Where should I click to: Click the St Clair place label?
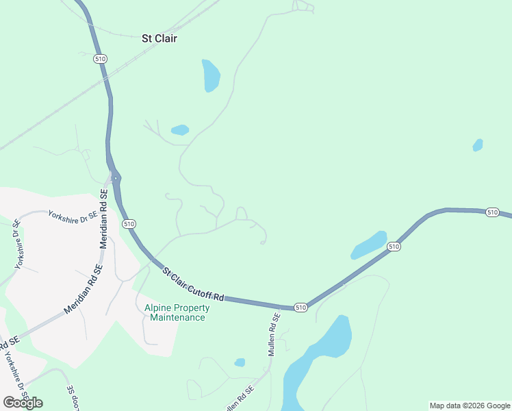[159, 38]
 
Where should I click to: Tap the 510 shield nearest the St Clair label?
[101, 59]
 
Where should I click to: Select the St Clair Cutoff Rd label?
[194, 285]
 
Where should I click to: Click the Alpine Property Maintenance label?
[177, 312]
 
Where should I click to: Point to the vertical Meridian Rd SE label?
[104, 219]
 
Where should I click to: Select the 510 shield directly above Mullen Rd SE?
[300, 308]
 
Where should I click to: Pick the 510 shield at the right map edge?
[492, 212]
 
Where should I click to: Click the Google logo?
[23, 402]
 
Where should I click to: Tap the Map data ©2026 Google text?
[470, 406]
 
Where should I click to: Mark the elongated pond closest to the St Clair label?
[211, 75]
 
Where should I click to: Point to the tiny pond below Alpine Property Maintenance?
[240, 362]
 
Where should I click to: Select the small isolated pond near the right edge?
[478, 145]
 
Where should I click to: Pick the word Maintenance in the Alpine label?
[177, 317]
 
